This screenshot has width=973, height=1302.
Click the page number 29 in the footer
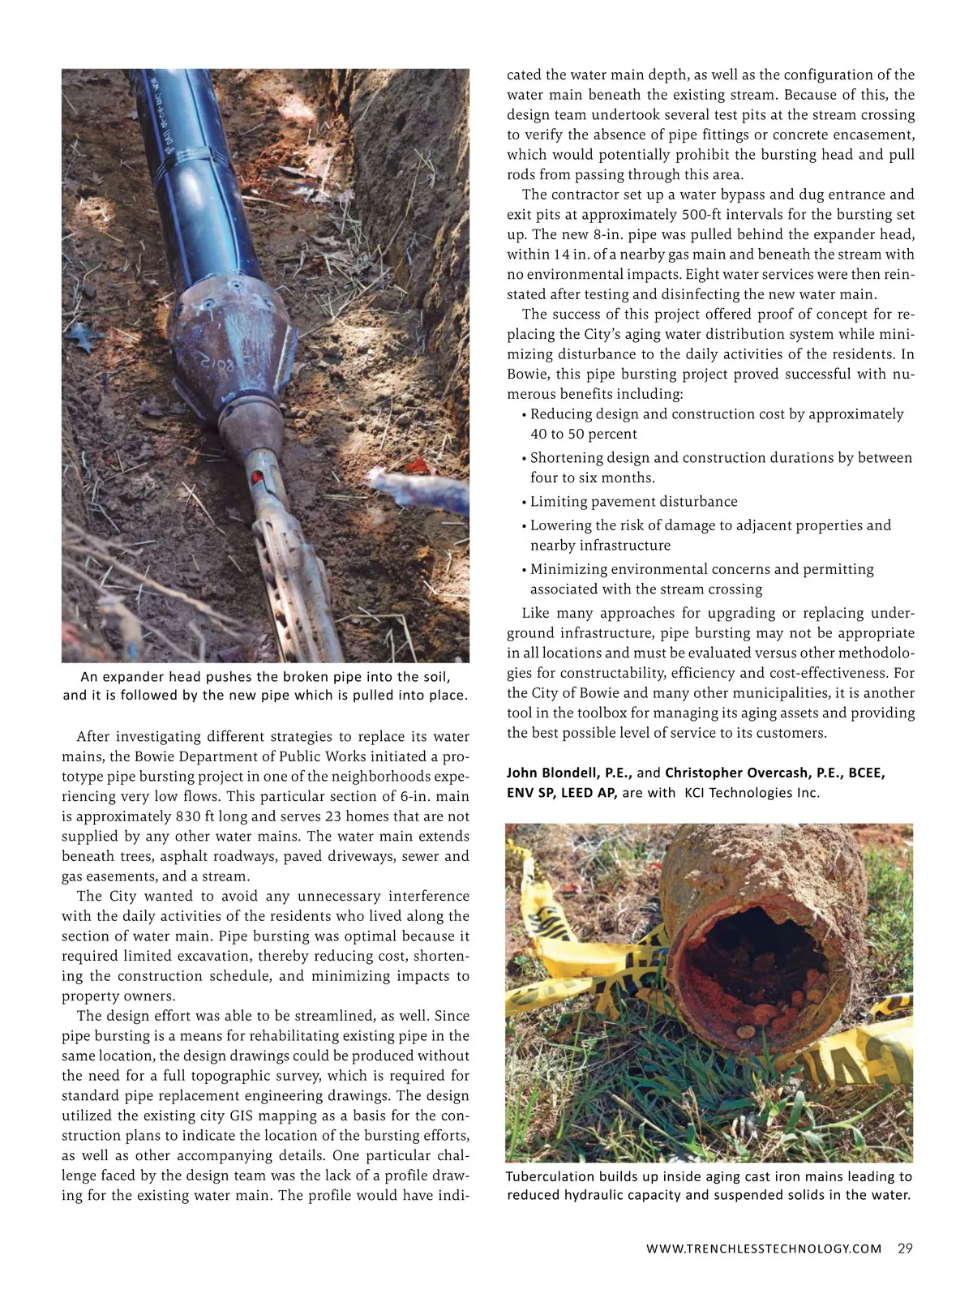[905, 1248]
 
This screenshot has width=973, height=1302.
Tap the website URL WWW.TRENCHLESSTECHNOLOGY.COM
[763, 1249]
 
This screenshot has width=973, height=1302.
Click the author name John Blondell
[559, 773]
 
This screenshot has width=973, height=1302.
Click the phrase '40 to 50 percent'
[583, 435]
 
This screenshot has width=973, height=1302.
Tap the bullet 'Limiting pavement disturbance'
[633, 502]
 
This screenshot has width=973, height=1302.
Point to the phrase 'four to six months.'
[592, 478]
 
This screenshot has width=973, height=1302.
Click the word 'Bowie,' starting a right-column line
[526, 375]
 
